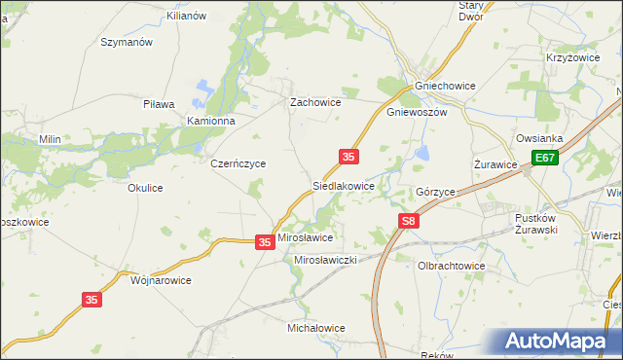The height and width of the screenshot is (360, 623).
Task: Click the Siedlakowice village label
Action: [x=343, y=184]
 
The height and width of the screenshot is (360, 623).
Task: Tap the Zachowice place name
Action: [x=314, y=101]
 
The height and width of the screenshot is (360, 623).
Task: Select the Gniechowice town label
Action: [x=445, y=86]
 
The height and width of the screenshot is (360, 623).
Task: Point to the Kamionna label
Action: [x=212, y=121]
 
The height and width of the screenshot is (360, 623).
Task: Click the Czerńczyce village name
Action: [x=238, y=164]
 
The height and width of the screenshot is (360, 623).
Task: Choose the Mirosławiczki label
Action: [x=328, y=261]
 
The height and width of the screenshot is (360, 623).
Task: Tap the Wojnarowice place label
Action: [x=161, y=280]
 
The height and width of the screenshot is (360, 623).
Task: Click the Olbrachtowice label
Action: [x=451, y=266]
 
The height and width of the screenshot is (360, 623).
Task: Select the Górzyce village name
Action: [x=435, y=193]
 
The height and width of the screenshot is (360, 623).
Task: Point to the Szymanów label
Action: [x=128, y=43]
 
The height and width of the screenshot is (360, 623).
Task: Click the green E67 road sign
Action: [x=545, y=158]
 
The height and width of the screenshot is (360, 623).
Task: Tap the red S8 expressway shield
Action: [x=410, y=223]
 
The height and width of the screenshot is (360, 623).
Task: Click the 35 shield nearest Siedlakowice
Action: [x=349, y=157]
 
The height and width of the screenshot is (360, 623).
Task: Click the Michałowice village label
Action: [x=316, y=329]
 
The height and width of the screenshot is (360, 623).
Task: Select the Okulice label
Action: [x=145, y=189]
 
